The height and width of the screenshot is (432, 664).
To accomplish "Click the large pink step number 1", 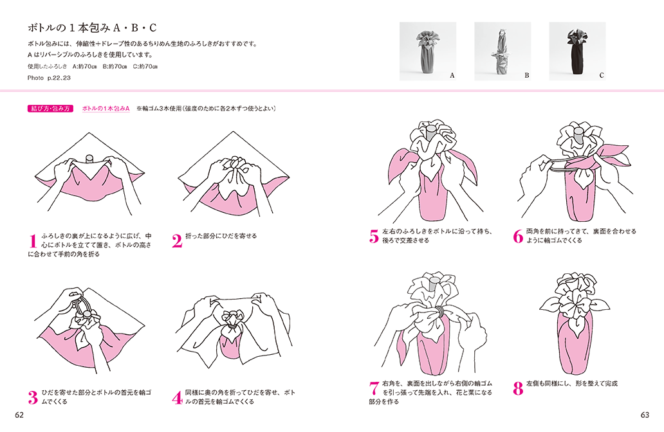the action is point(33,241).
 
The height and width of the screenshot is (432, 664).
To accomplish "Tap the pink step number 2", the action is point(177,241).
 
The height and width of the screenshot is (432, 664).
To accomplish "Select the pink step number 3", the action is point(33,397).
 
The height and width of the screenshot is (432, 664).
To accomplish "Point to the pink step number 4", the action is point(177,397).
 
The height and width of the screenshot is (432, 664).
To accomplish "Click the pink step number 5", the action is point(374,237).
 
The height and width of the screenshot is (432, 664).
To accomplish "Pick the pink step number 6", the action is point(518,237).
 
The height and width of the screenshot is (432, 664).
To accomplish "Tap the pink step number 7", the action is point(374,388).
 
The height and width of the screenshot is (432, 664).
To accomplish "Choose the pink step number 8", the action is point(518,388).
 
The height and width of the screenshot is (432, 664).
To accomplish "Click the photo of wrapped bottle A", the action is point(428,51).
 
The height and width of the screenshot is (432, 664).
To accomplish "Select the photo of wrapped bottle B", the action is point(503,51).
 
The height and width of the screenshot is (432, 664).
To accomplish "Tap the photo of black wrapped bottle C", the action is point(578,51).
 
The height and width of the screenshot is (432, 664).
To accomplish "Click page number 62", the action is point(19,415).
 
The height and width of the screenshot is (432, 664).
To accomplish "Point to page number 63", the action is point(645,415).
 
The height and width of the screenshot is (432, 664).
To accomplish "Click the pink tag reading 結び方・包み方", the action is point(50,109).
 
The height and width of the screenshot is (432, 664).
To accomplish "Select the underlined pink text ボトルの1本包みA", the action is point(106,109).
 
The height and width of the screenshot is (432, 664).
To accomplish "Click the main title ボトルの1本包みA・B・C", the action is point(92,28).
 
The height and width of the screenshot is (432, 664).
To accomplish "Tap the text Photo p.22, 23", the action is point(49,78).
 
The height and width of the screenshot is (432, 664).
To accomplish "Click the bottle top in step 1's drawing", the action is point(89,158).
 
